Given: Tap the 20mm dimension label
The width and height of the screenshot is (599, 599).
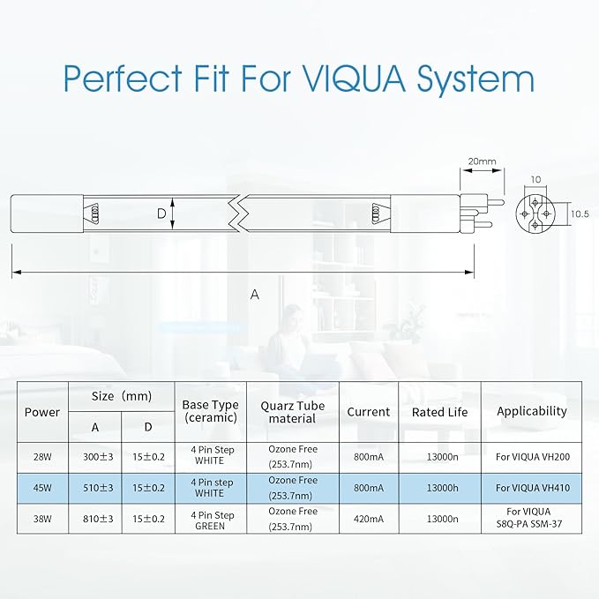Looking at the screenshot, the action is (x=482, y=161).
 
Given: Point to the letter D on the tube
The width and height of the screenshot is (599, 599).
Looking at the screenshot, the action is (x=161, y=213).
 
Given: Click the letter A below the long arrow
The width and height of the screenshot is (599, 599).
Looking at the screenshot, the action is (x=255, y=295).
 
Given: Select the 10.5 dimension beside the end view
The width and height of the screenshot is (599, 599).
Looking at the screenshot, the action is (x=580, y=213).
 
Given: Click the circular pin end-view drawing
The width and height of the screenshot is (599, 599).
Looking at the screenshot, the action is (x=535, y=213).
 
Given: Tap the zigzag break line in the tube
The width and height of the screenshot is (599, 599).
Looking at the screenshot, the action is (x=239, y=213).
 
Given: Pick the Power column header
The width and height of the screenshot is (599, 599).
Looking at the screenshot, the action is (x=42, y=412).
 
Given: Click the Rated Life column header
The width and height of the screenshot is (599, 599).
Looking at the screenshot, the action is (x=439, y=412).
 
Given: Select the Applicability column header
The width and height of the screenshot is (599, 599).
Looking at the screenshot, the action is (x=532, y=411).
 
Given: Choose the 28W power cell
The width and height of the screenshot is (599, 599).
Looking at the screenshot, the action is (x=42, y=457).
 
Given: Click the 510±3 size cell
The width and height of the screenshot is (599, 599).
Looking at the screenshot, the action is (x=98, y=488).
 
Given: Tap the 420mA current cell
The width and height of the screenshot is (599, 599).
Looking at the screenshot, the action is (x=369, y=519).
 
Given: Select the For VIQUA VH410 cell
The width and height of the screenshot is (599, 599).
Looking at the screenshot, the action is (x=533, y=488).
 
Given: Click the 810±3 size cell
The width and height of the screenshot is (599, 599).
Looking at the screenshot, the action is (x=98, y=519).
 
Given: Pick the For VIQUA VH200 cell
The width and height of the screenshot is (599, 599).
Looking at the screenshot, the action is (x=533, y=457).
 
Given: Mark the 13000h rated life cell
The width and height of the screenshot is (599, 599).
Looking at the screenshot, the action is (x=442, y=488).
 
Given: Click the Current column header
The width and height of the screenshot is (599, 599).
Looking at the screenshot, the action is (x=369, y=412).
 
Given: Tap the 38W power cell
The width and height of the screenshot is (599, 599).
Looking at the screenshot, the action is (x=42, y=519).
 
